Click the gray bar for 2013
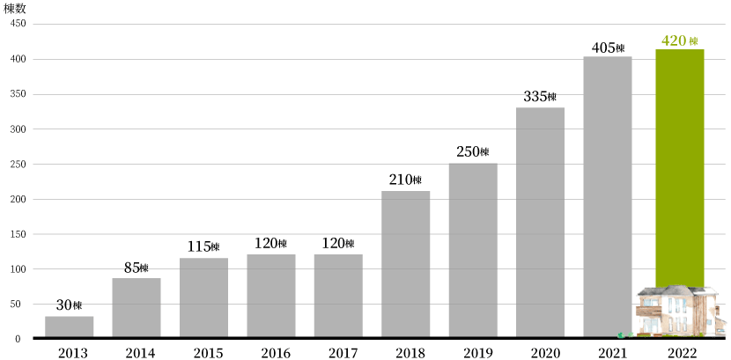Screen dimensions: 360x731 [x=69, y=327]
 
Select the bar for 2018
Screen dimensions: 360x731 [x=405, y=264]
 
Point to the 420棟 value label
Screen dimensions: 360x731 [x=679, y=41]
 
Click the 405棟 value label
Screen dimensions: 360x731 [x=609, y=48]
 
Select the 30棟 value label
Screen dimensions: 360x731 [x=69, y=305]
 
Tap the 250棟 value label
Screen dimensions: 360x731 [x=473, y=152]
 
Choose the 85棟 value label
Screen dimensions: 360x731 [x=137, y=268]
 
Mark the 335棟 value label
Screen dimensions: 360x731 [x=540, y=97]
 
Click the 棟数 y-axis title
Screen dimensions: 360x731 [x=15, y=8]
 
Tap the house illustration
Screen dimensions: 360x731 [x=678, y=312]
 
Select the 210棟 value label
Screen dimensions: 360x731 [x=405, y=180]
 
